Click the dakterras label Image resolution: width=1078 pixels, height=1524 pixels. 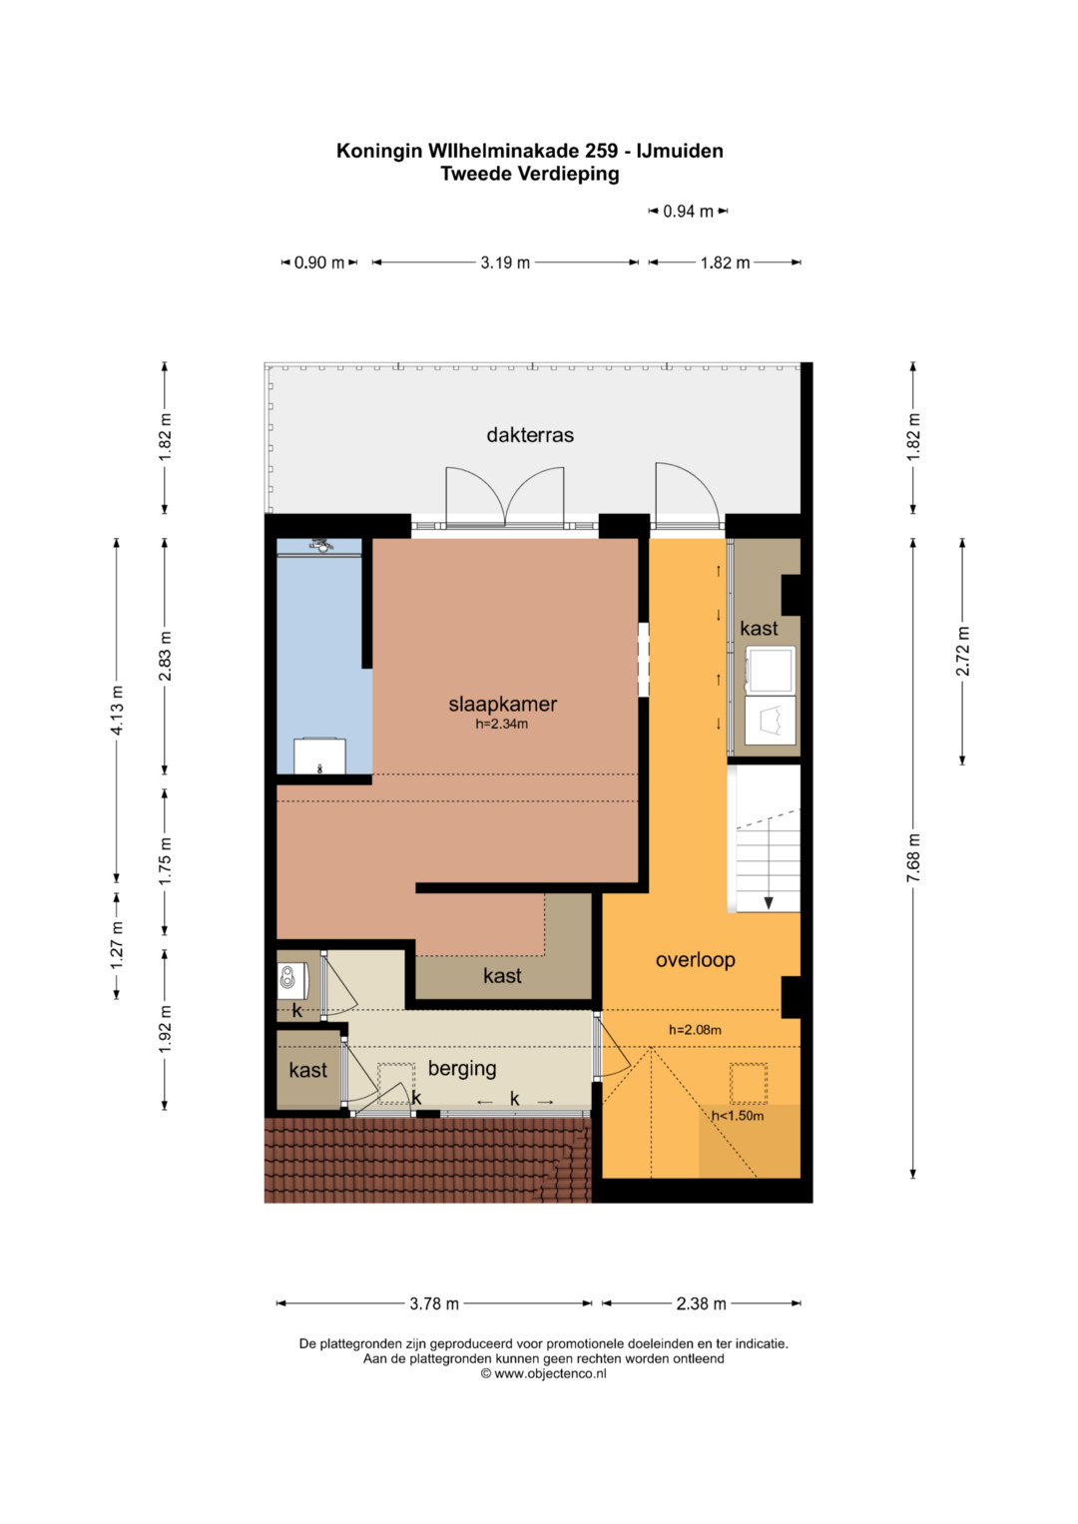coord(529,435)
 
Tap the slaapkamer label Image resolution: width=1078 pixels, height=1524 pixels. coord(502,704)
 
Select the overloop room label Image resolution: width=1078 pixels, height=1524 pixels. coord(695,960)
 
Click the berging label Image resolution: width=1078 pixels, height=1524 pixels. coord(462,1069)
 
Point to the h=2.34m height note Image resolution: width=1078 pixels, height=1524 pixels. coord(501,724)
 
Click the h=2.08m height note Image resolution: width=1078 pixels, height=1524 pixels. coord(695,1030)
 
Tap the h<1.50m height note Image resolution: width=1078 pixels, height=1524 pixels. coord(738,1116)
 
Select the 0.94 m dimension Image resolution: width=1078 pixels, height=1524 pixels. coord(688,212)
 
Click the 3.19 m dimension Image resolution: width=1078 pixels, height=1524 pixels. coord(505,262)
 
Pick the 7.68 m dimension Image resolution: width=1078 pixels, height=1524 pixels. coord(914,858)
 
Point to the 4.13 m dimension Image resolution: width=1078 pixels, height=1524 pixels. coord(117,710)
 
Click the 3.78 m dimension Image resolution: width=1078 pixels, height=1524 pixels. coord(434,1304)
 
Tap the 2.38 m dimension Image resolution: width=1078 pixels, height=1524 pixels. coord(701,1304)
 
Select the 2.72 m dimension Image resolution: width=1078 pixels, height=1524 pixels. coord(963,652)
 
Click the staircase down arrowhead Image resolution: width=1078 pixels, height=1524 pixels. coord(769,903)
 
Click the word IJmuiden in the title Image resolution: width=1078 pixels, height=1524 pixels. coord(679,151)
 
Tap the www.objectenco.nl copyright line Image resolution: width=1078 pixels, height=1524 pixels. coord(543,1373)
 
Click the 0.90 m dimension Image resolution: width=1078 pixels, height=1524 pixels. coord(319,262)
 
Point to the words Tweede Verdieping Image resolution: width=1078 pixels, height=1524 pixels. coord(529,175)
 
